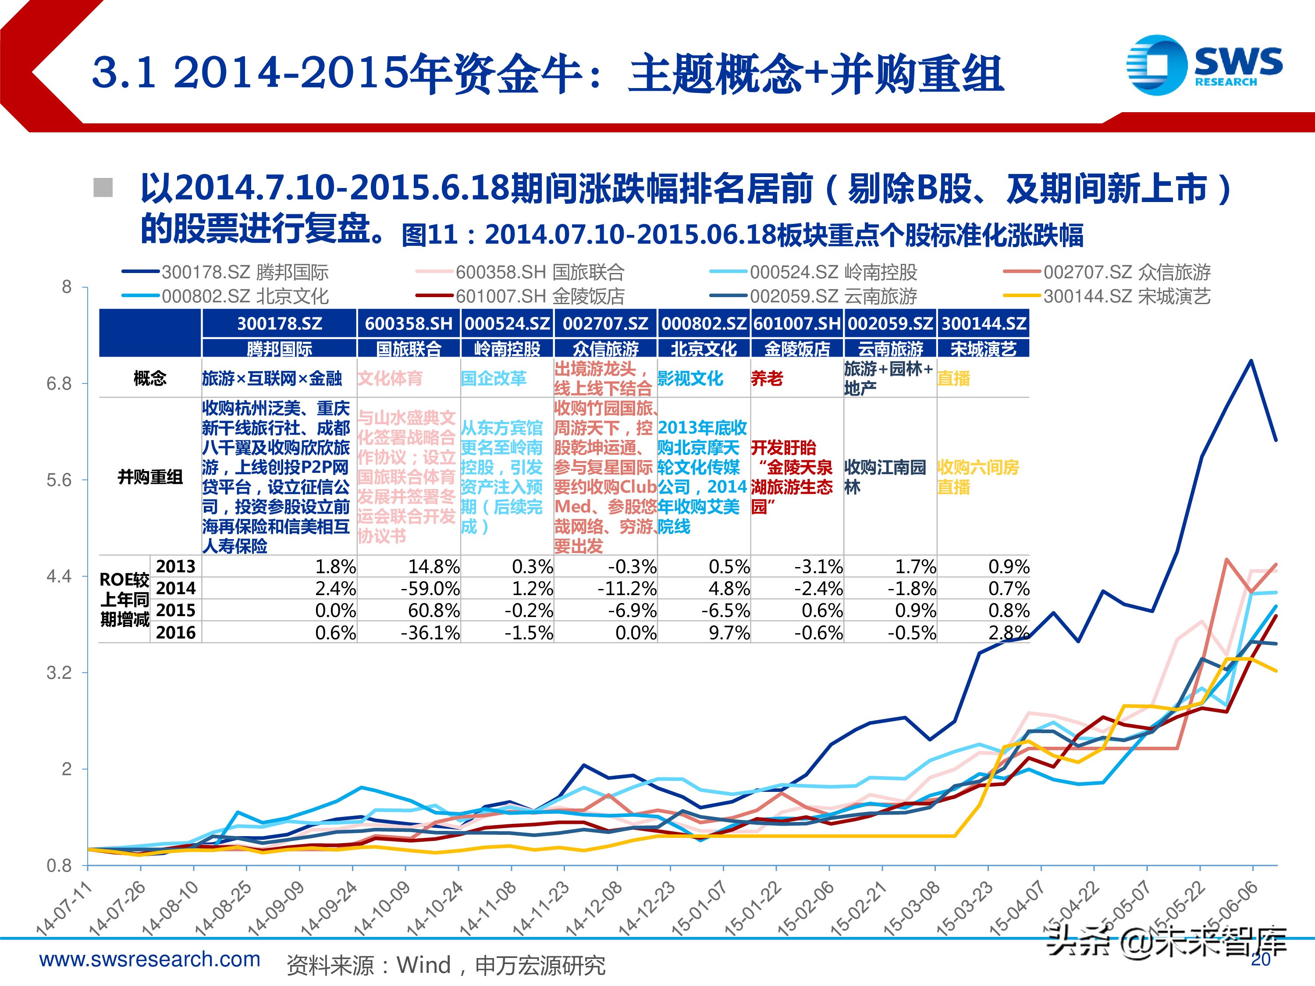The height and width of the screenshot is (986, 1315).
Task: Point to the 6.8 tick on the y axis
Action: [x=60, y=384]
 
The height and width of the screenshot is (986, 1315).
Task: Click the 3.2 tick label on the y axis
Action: [x=60, y=673]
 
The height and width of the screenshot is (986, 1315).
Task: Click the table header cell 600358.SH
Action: [x=409, y=323]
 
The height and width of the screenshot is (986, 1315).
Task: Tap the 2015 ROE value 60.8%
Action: [x=434, y=610]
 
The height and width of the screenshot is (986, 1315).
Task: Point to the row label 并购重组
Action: [x=150, y=477]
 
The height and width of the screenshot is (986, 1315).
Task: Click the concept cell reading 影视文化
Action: [x=690, y=378]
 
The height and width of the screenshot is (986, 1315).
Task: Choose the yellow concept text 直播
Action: [x=953, y=378]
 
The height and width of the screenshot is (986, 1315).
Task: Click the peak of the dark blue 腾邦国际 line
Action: [x=1251, y=360]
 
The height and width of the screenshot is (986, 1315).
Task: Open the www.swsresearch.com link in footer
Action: [x=150, y=959]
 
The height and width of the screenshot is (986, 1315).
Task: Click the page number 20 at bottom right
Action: [x=1260, y=960]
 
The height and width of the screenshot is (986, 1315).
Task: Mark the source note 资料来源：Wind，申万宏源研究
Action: [x=446, y=965]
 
